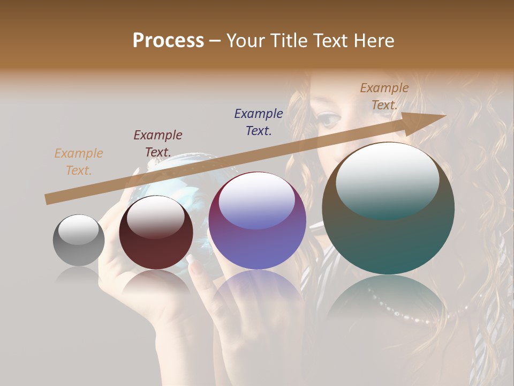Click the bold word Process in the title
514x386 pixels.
(x=168, y=40)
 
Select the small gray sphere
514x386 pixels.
(x=79, y=241)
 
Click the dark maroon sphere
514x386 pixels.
(x=156, y=233)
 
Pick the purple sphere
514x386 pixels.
(x=257, y=221)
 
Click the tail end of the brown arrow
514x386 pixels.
(x=47, y=199)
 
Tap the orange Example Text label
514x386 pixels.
(x=78, y=162)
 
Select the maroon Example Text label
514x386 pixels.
(x=157, y=143)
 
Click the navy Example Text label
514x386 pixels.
(x=258, y=122)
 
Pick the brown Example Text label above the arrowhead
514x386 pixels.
(x=384, y=96)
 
